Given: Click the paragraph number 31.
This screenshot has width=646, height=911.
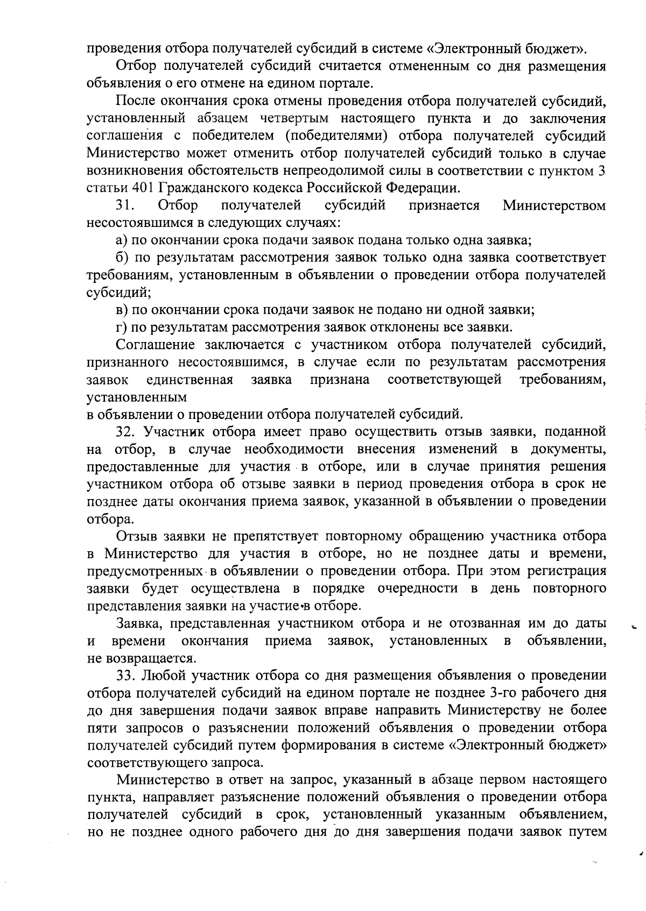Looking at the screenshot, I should [125, 206].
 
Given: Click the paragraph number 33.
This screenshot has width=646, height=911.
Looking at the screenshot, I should [126, 675].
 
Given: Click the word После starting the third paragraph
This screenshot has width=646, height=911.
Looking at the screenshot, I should [135, 101].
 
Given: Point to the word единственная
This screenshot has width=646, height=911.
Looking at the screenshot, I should [189, 380].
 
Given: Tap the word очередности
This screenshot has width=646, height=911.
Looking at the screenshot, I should [420, 588].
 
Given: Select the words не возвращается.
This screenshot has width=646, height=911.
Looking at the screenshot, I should [142, 658].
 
